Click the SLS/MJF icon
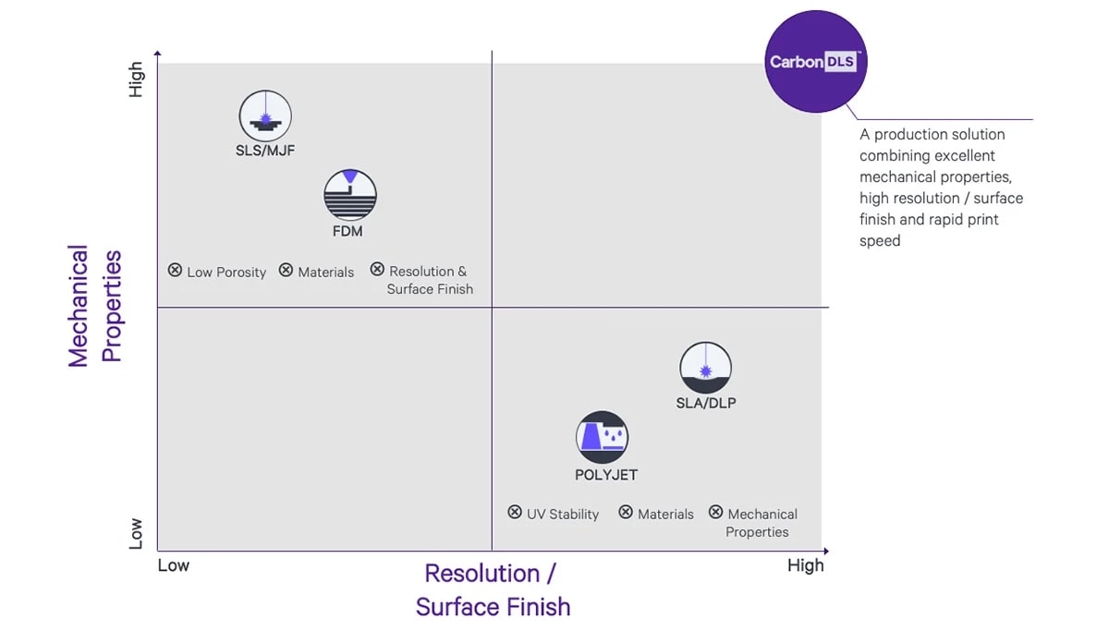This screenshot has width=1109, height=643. pyautogui.click(x=265, y=116)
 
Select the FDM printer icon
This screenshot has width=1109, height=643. pyautogui.click(x=350, y=195)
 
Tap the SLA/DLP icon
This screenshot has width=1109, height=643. pyautogui.click(x=705, y=368)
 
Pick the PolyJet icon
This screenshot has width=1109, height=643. pyautogui.click(x=603, y=437)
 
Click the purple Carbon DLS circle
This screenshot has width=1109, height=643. pyautogui.click(x=816, y=62)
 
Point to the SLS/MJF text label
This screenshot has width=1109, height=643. pyautogui.click(x=265, y=151)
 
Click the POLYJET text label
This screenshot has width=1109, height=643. pyautogui.click(x=606, y=475)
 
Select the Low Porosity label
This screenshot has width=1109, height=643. pyautogui.click(x=226, y=273)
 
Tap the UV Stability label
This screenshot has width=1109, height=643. pyautogui.click(x=563, y=515)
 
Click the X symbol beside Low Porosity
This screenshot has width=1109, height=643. pyautogui.click(x=175, y=271)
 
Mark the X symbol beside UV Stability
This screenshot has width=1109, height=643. pyautogui.click(x=515, y=513)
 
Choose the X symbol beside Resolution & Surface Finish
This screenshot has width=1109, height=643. pyautogui.click(x=377, y=270)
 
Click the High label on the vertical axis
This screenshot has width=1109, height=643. pyautogui.click(x=137, y=79)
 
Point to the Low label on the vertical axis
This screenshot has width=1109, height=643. pyautogui.click(x=137, y=534)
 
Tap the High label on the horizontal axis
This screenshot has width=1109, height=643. pyautogui.click(x=805, y=565)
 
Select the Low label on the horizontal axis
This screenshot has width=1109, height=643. pyautogui.click(x=173, y=565)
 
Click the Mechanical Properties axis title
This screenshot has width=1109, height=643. pyautogui.click(x=94, y=306)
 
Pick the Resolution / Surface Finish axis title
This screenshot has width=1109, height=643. pyautogui.click(x=493, y=589)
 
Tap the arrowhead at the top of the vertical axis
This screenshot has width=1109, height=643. pyautogui.click(x=158, y=55)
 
